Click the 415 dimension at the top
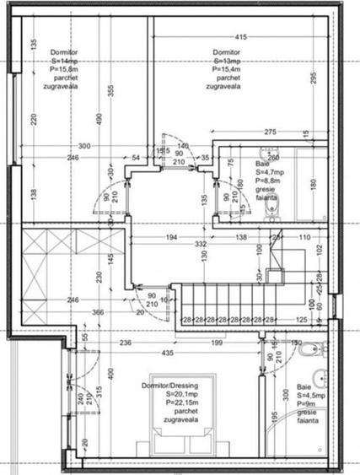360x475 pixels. [x=241, y=37]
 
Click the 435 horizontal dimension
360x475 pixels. [x=169, y=352]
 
